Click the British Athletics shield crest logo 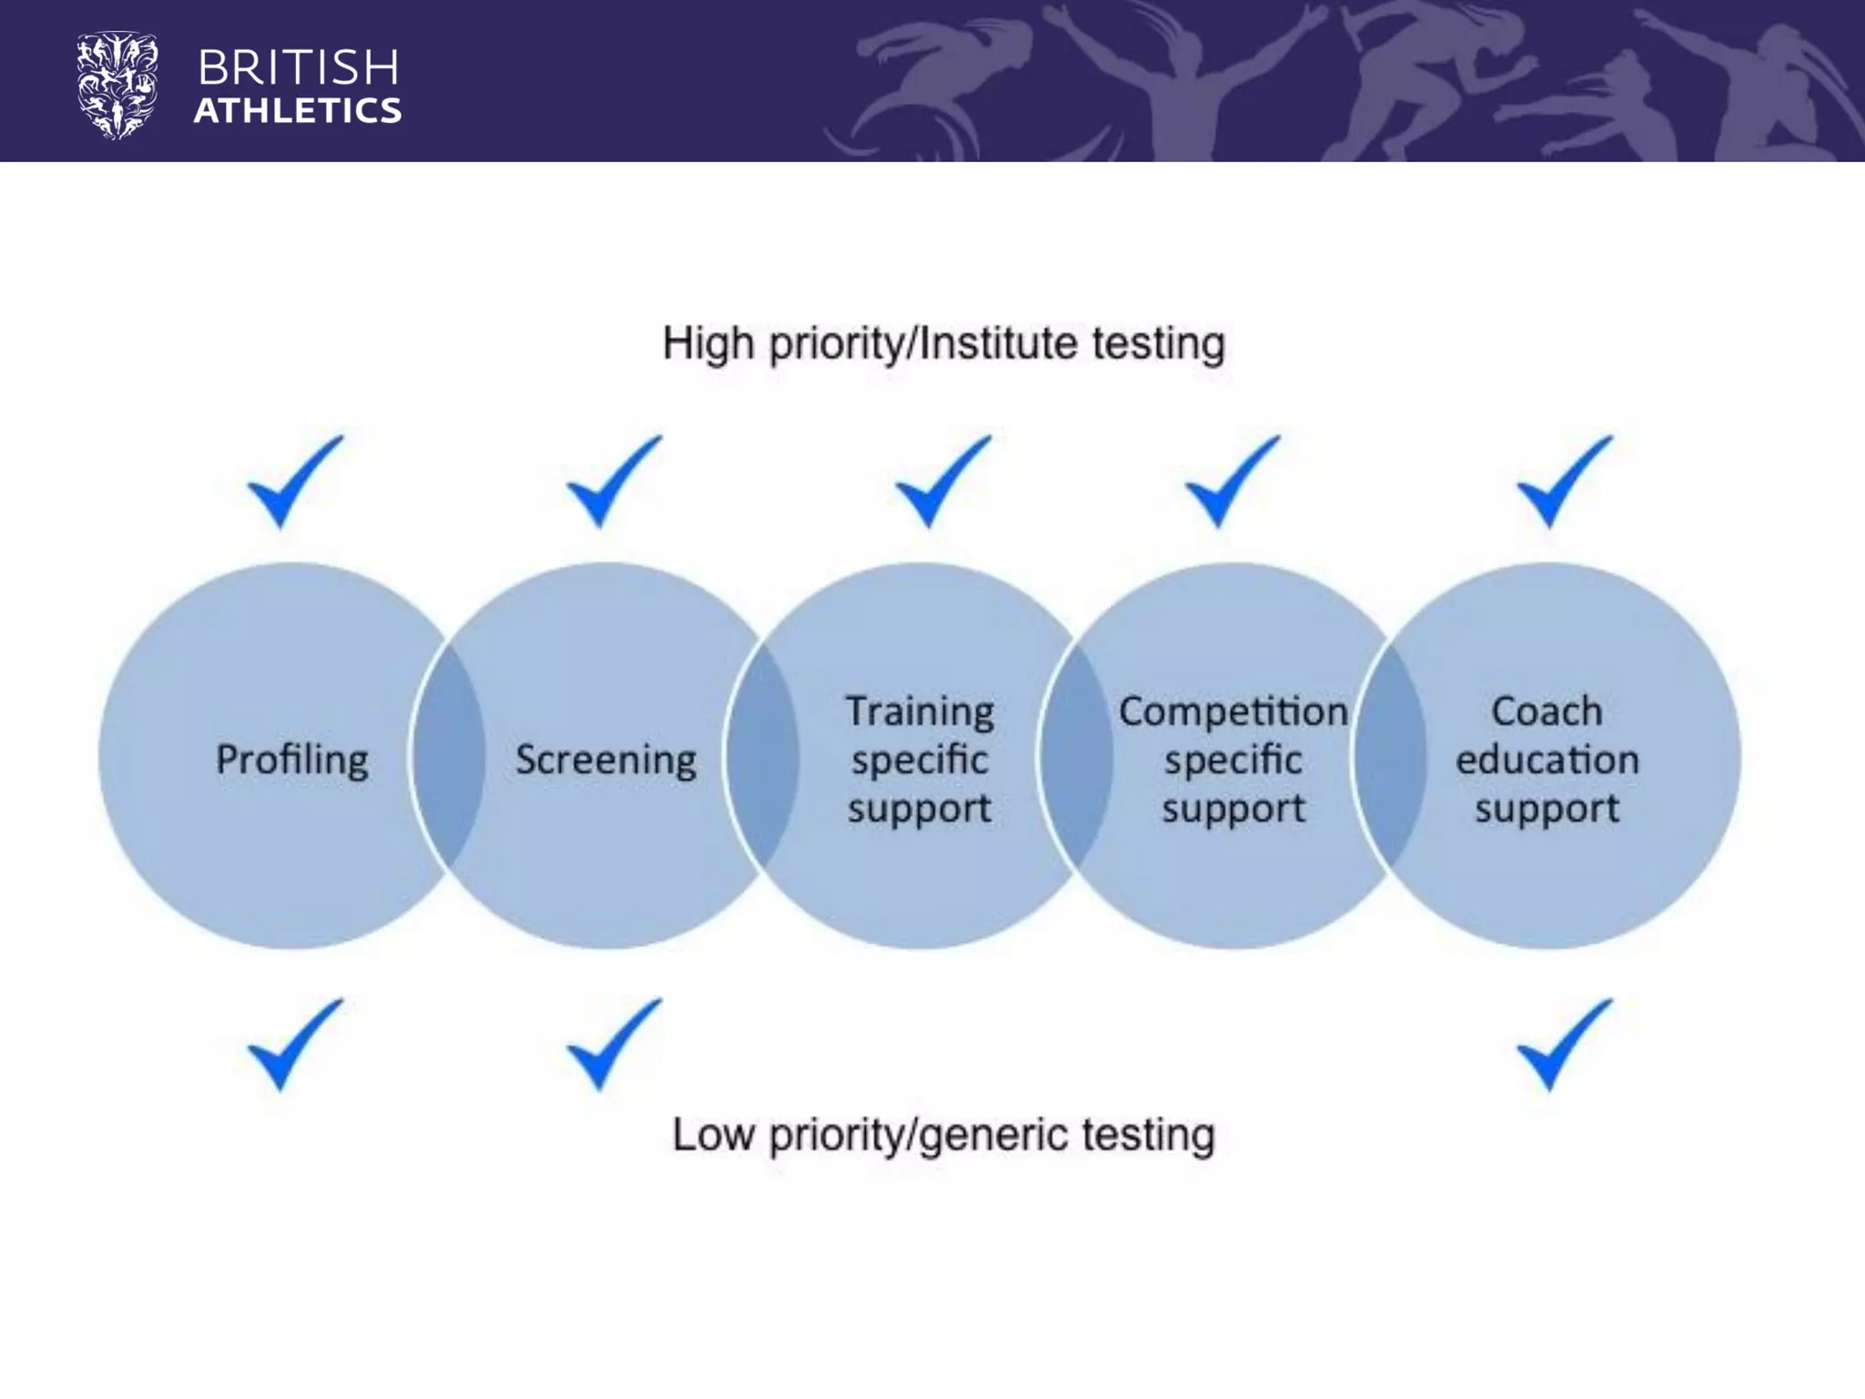[x=117, y=86]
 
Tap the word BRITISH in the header [x=298, y=68]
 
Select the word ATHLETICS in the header [x=298, y=111]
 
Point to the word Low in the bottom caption [x=713, y=1136]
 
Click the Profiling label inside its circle [x=292, y=759]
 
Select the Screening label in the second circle [x=606, y=759]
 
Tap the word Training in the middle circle [x=920, y=711]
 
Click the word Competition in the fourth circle [x=1233, y=711]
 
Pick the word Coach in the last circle [x=1546, y=711]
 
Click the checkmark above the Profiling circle [x=293, y=483]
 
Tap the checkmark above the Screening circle [x=612, y=483]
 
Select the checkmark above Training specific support [x=941, y=483]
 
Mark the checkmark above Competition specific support [x=1230, y=483]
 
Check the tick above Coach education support [x=1563, y=483]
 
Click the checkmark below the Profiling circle [x=293, y=1046]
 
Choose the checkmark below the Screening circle [x=612, y=1046]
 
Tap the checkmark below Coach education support [x=1563, y=1046]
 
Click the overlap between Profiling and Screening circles [x=449, y=756]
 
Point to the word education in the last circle [x=1547, y=760]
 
